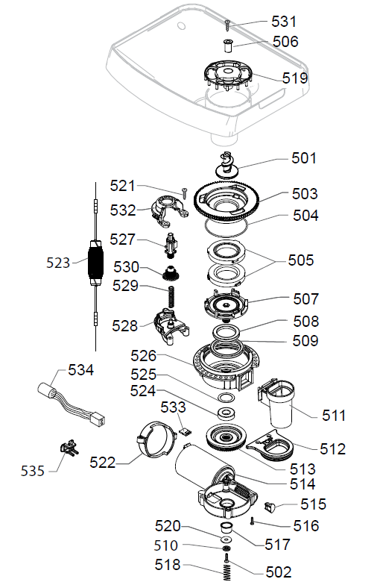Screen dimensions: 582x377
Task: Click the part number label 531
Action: [282, 22]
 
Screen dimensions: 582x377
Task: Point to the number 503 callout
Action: [305, 193]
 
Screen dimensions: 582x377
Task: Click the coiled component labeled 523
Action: [94, 264]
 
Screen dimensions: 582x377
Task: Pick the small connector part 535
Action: [69, 450]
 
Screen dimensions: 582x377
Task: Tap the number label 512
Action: [332, 449]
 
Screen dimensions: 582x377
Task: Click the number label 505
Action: [301, 261]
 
